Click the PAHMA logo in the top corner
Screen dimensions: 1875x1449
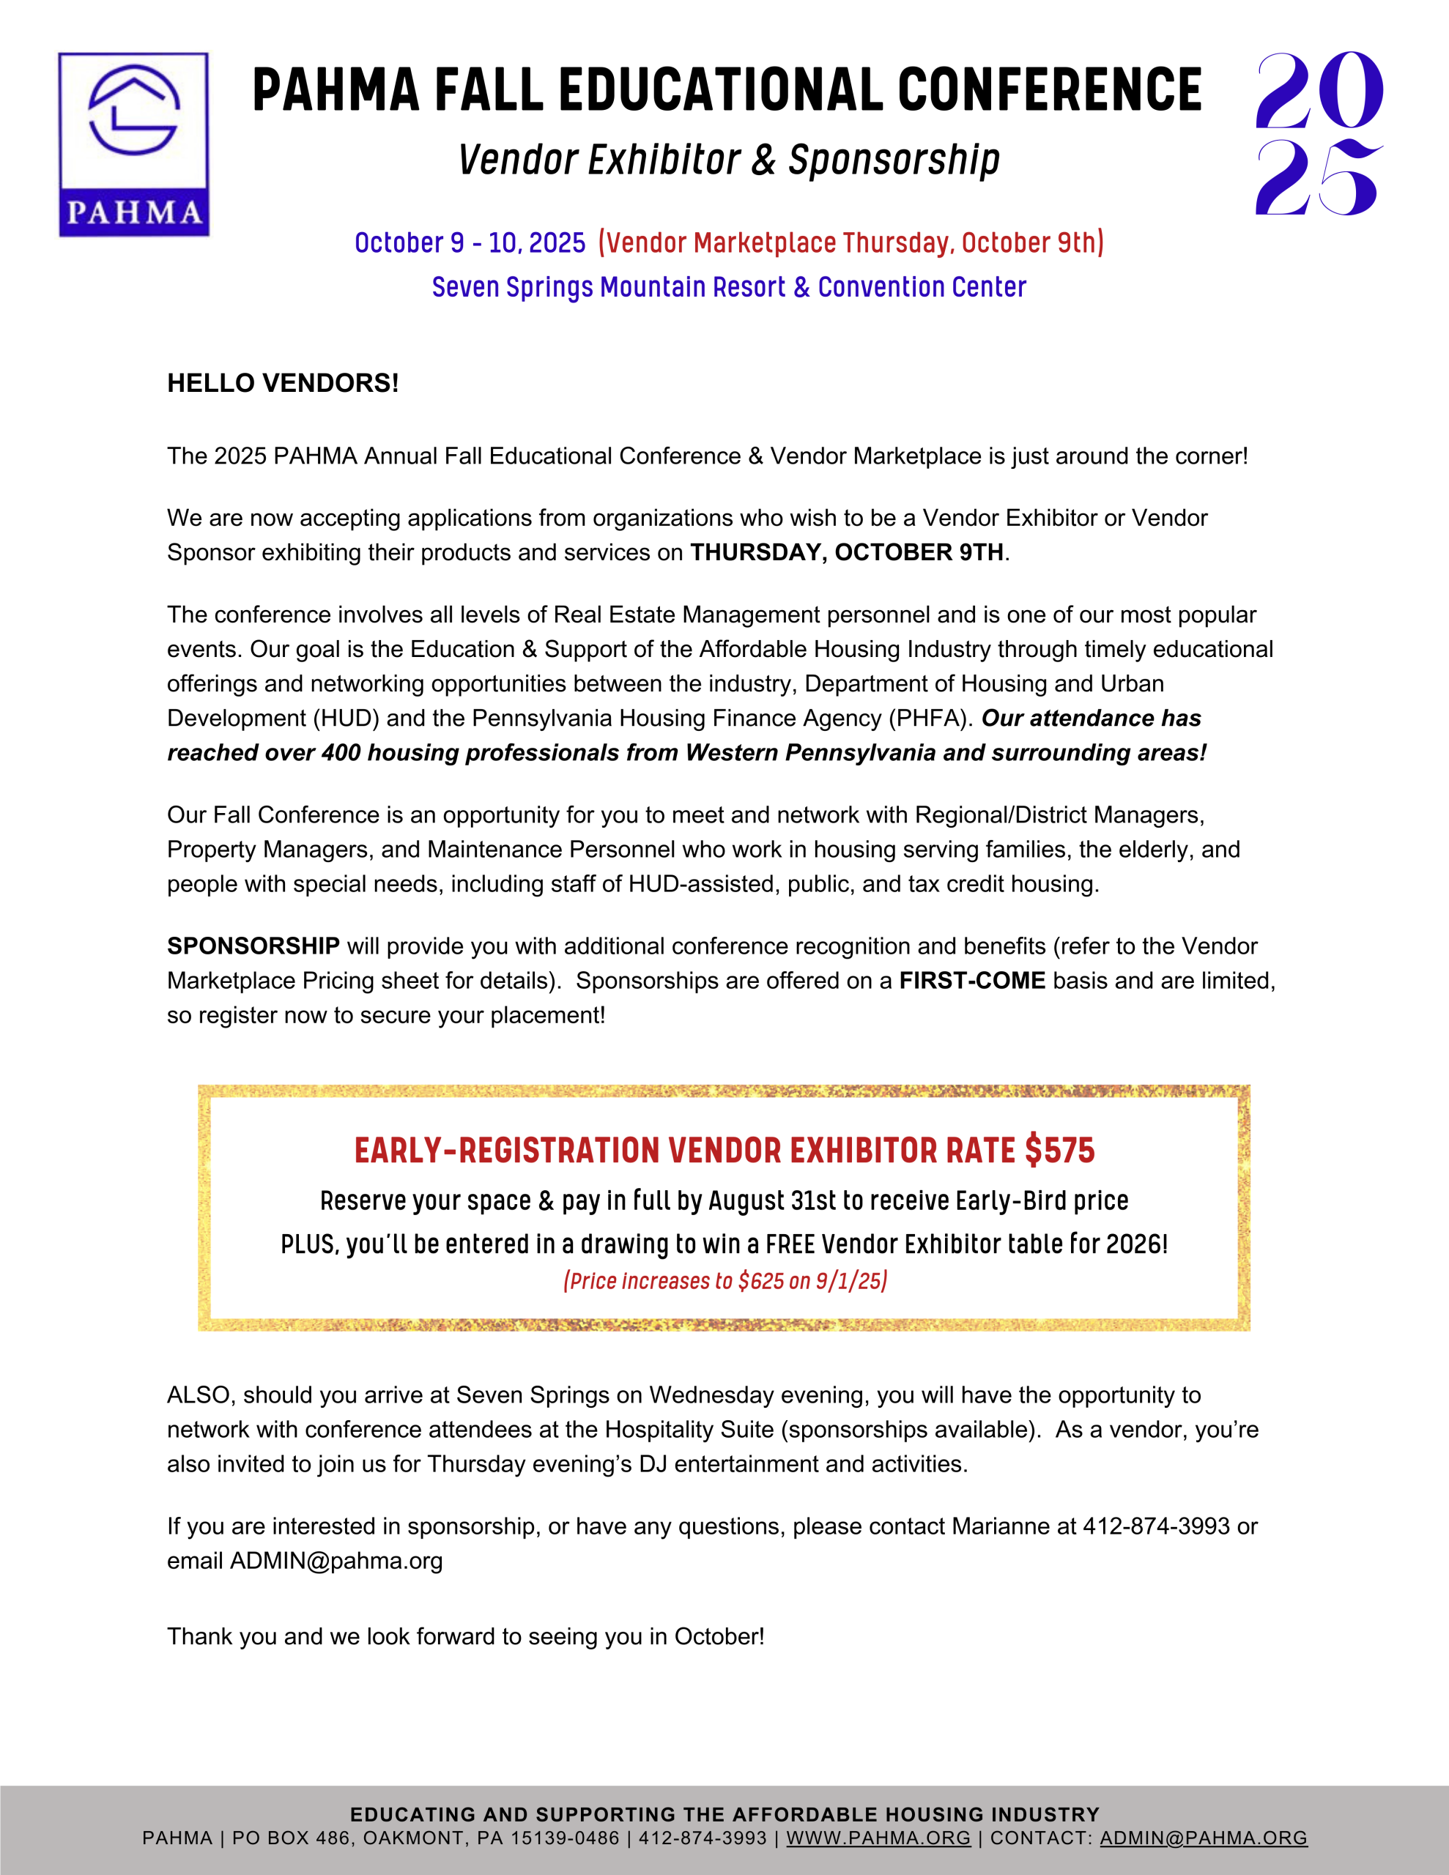pos(133,144)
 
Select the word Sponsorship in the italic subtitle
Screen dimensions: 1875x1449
pos(894,160)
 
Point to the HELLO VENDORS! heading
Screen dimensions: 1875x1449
pos(283,383)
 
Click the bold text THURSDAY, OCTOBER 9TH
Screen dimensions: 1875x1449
pos(847,552)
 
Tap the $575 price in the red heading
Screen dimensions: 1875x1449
pos(1060,1151)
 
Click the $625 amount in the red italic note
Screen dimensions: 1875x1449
pos(760,1281)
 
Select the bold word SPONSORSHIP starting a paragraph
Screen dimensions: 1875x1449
pos(253,946)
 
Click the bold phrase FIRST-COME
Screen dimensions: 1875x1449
pos(971,981)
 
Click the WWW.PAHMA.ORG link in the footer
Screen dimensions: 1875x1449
pos(878,1838)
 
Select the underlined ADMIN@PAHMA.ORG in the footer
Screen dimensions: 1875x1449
pos(1204,1838)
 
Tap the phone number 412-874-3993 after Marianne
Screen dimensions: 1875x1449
pos(1156,1526)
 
